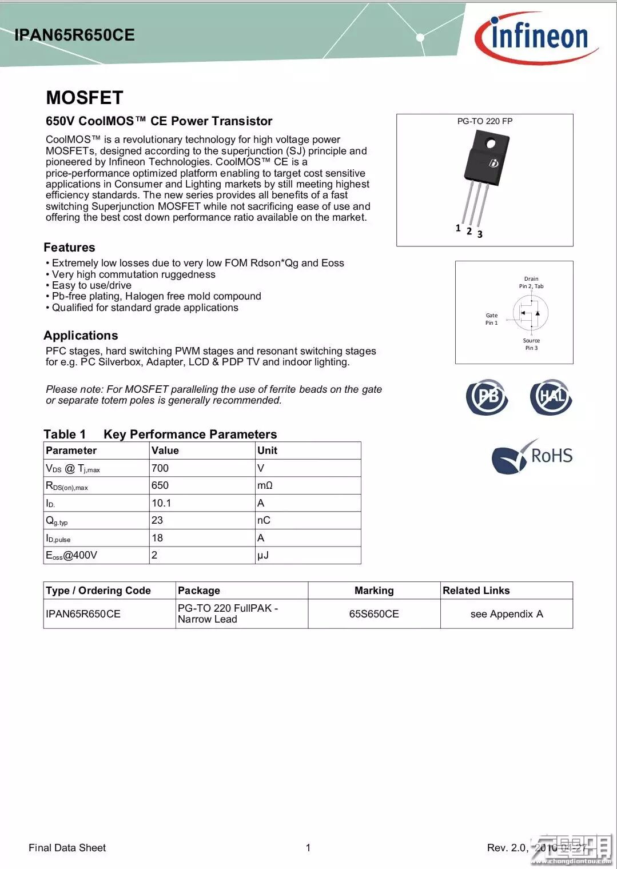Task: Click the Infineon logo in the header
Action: tap(536, 38)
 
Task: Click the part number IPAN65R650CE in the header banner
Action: tap(74, 35)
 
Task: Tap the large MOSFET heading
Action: tap(85, 98)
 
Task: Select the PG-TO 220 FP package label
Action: tap(484, 121)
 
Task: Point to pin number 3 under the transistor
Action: tap(480, 234)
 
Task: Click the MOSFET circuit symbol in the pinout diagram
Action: tap(531, 313)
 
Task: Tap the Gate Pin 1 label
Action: tap(491, 319)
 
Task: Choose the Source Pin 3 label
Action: tap(531, 344)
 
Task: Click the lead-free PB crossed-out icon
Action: tap(487, 397)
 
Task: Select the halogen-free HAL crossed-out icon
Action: tap(551, 397)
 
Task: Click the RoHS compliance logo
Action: tap(532, 456)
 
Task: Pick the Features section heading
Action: tap(69, 248)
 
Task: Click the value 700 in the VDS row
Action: tap(160, 468)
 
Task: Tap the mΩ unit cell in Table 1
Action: tap(265, 485)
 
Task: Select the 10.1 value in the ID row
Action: tap(161, 503)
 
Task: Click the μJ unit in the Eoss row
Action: tap(263, 555)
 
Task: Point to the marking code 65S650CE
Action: tap(374, 614)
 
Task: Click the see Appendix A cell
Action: tap(507, 614)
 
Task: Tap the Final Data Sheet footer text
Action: tap(67, 848)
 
